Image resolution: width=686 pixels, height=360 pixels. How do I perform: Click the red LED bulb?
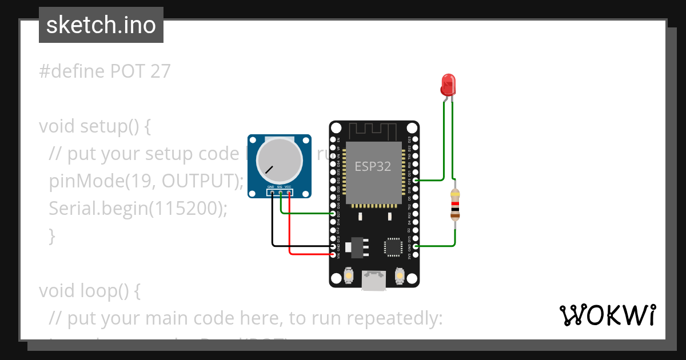[x=448, y=84]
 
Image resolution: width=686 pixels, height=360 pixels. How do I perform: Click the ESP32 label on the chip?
[x=373, y=166]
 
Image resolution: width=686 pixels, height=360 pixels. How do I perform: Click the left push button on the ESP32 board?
[x=348, y=277]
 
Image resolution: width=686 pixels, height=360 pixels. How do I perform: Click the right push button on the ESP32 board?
[x=400, y=277]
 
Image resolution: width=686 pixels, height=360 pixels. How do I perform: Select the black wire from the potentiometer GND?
[x=273, y=229]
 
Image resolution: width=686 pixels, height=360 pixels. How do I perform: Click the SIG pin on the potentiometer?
[x=280, y=193]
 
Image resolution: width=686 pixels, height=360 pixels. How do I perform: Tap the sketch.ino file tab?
[x=101, y=25]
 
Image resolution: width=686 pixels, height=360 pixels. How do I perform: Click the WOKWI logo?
[x=607, y=315]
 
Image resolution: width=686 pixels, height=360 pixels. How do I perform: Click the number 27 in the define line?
[x=161, y=71]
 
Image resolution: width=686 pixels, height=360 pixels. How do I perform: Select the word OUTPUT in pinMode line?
[x=197, y=181]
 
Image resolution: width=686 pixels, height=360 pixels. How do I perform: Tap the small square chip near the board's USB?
[x=393, y=246]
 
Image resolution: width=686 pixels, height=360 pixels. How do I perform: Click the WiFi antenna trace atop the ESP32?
[x=374, y=131]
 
